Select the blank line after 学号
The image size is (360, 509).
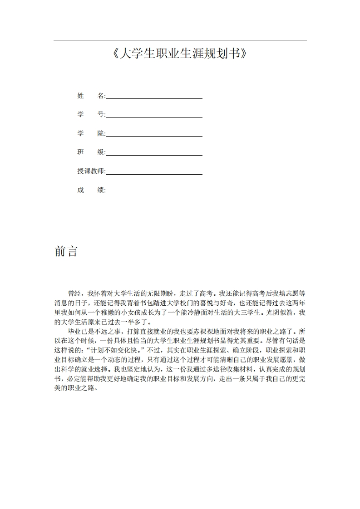(x=154, y=117)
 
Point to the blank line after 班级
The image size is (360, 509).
(x=154, y=155)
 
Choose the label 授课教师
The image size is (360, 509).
(x=91, y=171)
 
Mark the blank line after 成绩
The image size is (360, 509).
(x=154, y=193)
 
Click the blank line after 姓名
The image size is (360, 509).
(x=154, y=98)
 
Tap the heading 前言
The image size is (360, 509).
(x=66, y=251)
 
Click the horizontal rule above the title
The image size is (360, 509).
(x=180, y=40)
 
